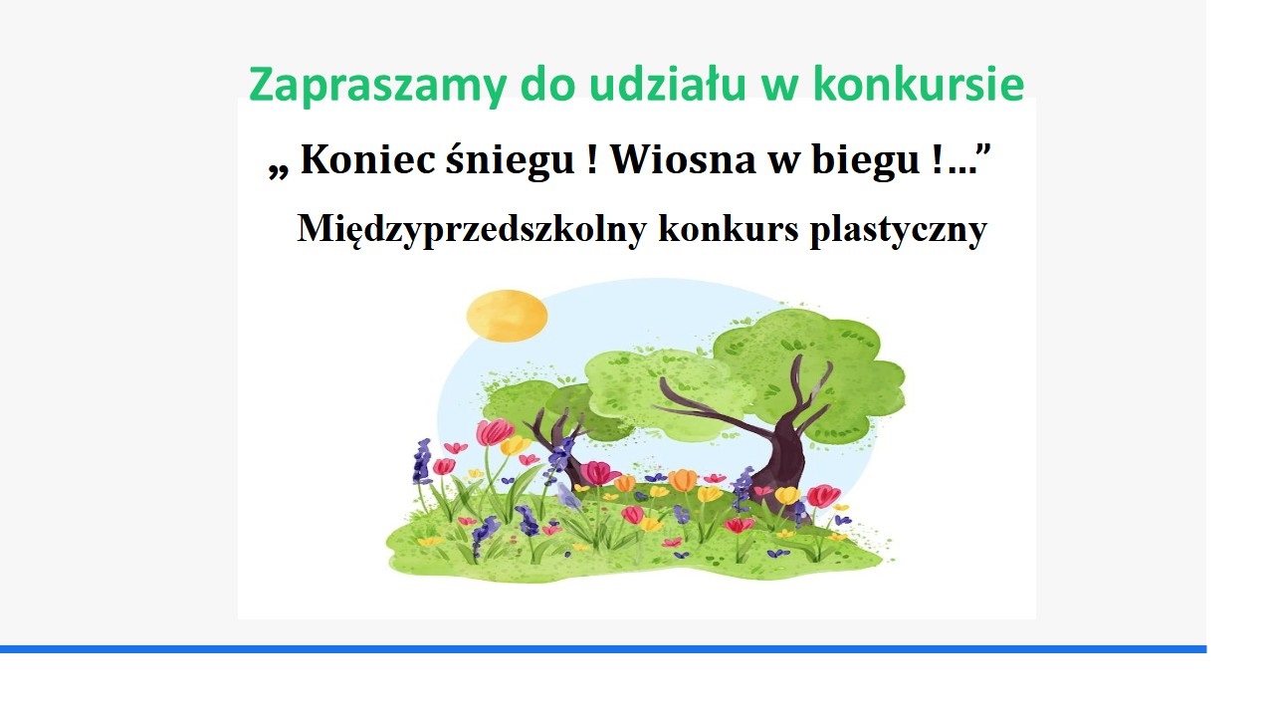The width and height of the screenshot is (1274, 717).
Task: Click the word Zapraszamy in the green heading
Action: [377, 86]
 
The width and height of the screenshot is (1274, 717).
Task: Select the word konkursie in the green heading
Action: [919, 84]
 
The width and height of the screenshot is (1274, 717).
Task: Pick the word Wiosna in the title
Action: [683, 159]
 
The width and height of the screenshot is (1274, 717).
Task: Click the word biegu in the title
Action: [866, 161]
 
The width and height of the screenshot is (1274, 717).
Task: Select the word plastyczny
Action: [899, 230]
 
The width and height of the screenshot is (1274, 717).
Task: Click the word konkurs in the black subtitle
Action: [728, 229]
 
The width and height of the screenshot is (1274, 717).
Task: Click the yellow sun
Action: [507, 316]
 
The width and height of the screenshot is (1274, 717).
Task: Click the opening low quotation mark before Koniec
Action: [279, 172]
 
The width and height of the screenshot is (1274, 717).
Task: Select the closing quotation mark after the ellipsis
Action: [984, 150]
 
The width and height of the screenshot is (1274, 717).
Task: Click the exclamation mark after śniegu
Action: [592, 159]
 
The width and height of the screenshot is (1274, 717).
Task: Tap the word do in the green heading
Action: [547, 84]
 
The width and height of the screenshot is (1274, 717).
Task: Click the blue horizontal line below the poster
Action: [603, 649]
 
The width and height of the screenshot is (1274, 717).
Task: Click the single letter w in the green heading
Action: [779, 89]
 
